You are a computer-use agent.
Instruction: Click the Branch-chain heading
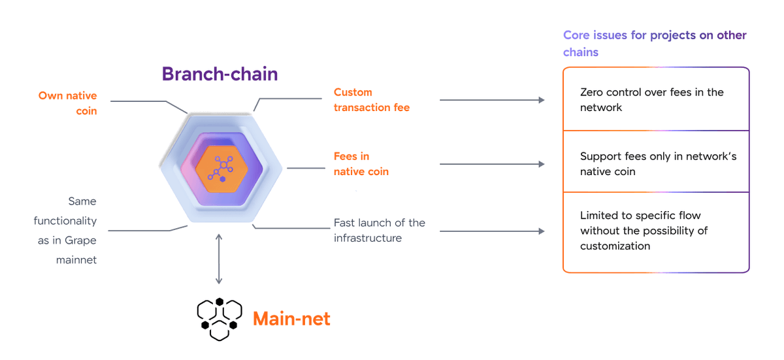(x=220, y=74)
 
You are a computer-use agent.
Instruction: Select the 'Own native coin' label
(x=67, y=103)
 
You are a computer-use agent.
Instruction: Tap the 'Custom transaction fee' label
(x=371, y=100)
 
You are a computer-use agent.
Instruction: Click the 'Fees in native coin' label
(x=361, y=164)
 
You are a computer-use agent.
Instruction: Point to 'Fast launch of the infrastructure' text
(x=379, y=231)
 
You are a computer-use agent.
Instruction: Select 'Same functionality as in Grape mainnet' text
(x=65, y=231)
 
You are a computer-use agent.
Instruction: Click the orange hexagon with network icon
(x=221, y=169)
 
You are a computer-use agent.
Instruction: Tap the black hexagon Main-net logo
(x=220, y=319)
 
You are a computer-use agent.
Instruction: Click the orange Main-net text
(x=291, y=319)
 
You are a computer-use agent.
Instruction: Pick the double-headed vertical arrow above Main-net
(x=219, y=259)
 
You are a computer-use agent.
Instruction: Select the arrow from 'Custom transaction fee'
(x=491, y=100)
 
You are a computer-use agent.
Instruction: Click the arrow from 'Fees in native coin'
(x=491, y=164)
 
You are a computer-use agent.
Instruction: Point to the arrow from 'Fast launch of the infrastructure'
(x=491, y=231)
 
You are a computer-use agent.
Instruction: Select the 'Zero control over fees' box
(x=655, y=99)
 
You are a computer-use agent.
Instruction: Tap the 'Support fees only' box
(x=655, y=163)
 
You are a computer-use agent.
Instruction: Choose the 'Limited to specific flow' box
(x=655, y=231)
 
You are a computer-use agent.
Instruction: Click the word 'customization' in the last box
(x=615, y=246)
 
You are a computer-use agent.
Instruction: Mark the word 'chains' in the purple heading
(x=581, y=52)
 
